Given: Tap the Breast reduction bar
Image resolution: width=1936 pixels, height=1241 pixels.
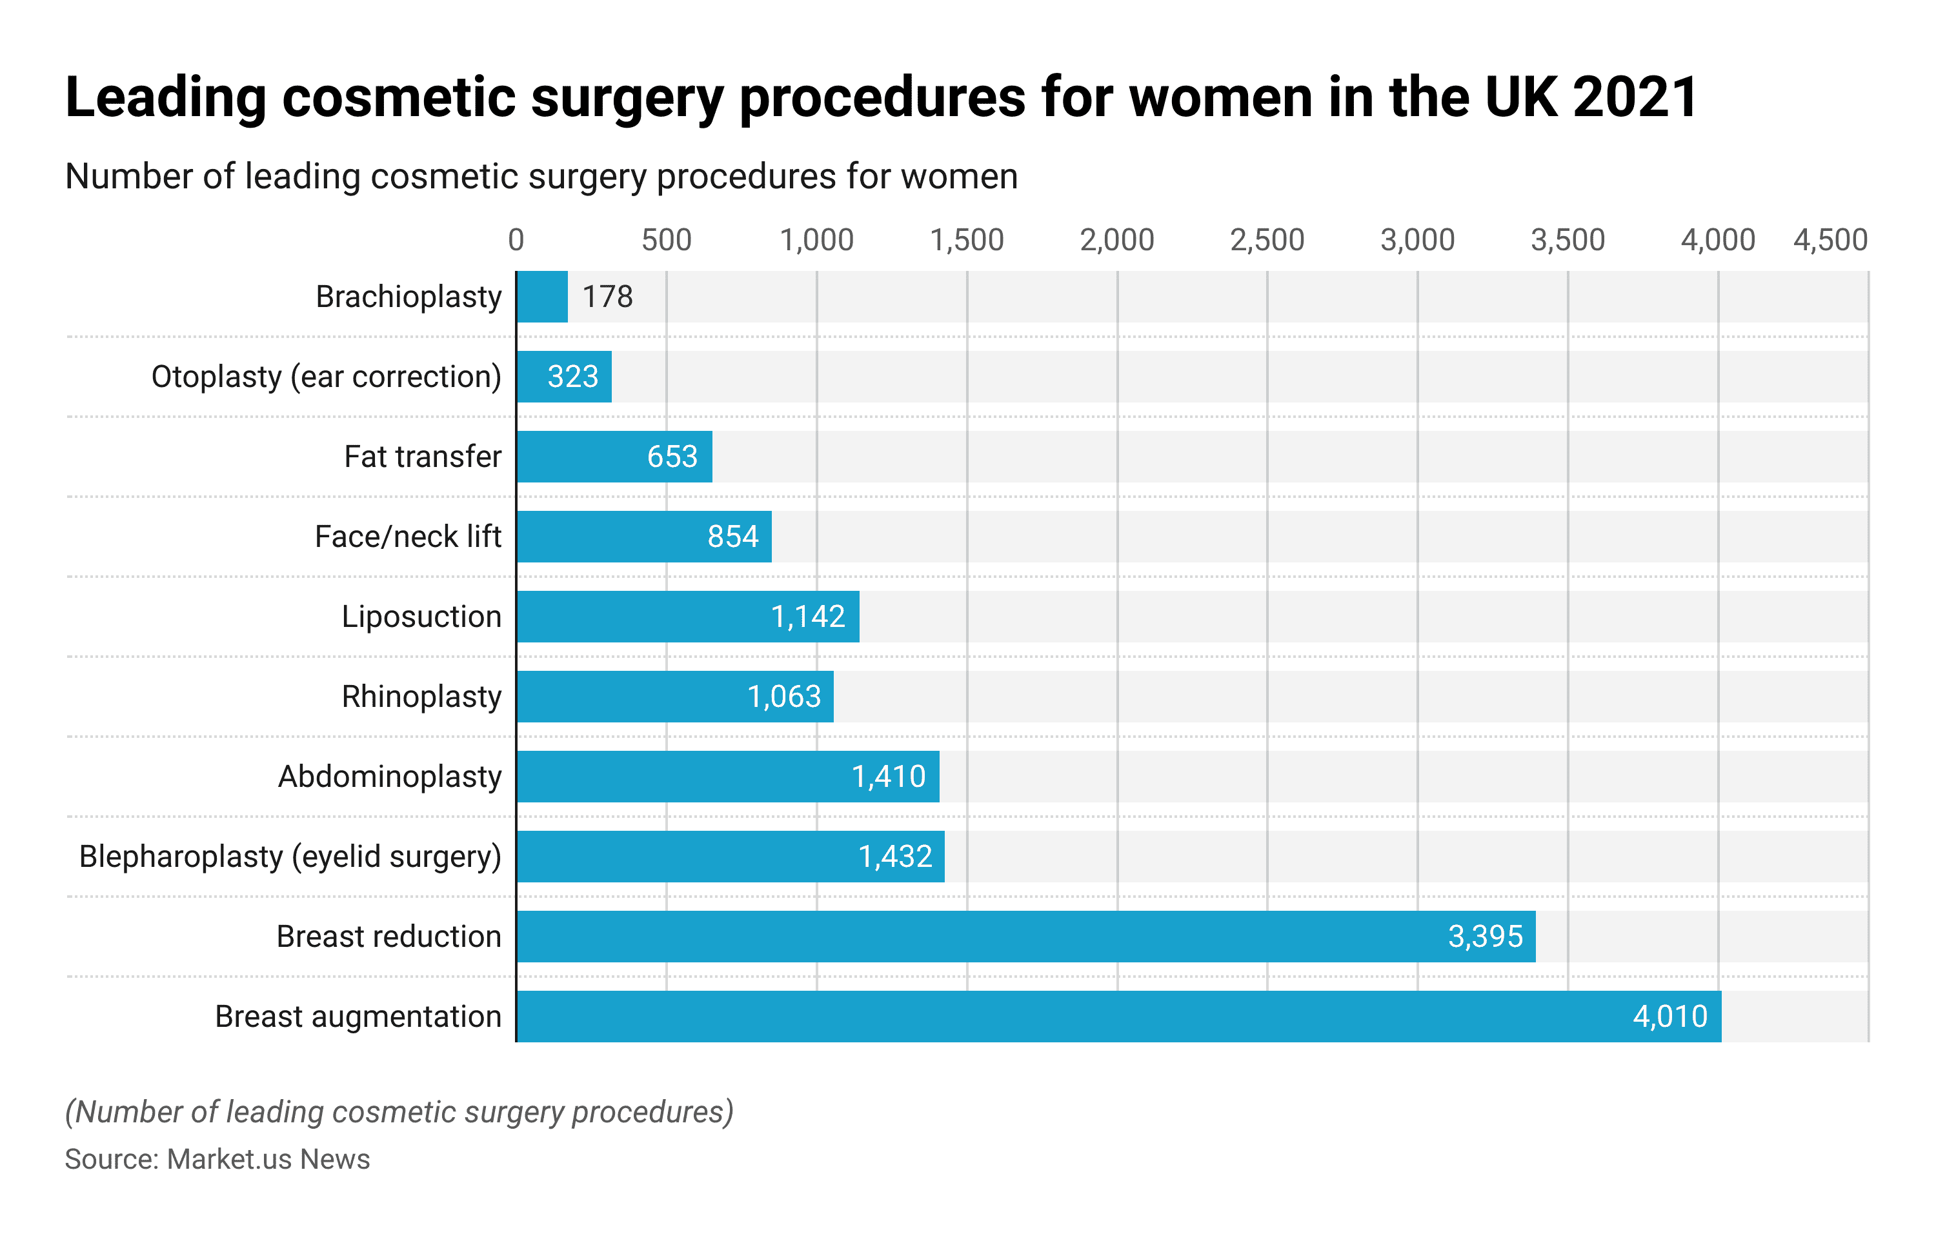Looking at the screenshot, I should coord(1025,937).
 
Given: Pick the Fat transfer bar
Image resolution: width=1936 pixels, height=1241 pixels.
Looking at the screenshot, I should coord(614,456).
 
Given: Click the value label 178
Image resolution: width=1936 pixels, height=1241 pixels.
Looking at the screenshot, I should coord(608,297).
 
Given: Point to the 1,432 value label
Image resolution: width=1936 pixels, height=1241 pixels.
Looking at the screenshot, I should coord(894,857).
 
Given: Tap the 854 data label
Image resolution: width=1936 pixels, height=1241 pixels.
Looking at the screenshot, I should coord(732,537).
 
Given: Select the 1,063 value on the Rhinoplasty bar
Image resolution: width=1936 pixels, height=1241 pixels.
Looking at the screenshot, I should coord(783,696).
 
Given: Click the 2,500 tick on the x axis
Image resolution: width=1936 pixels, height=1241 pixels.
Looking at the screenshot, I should coord(1266,240).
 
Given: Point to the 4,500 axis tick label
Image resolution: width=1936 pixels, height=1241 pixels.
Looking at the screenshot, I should coord(1830,240).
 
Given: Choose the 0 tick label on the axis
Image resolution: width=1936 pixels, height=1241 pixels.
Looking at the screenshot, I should coord(516,240).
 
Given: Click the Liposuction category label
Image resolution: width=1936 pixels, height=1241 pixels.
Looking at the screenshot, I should coord(421,617).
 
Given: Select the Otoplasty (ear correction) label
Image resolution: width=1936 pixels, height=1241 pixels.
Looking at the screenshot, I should coord(326,376).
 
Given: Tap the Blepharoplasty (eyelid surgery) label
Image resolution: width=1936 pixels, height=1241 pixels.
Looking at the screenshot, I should coord(290,857).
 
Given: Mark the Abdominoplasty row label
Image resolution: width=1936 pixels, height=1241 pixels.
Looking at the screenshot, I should coord(389,777).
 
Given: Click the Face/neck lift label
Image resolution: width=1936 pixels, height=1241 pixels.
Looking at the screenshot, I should coord(407,537).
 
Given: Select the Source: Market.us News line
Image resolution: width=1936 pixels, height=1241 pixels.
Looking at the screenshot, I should coord(217,1159).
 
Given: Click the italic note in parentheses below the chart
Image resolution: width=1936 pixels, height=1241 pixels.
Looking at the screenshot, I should coord(399,1112).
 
